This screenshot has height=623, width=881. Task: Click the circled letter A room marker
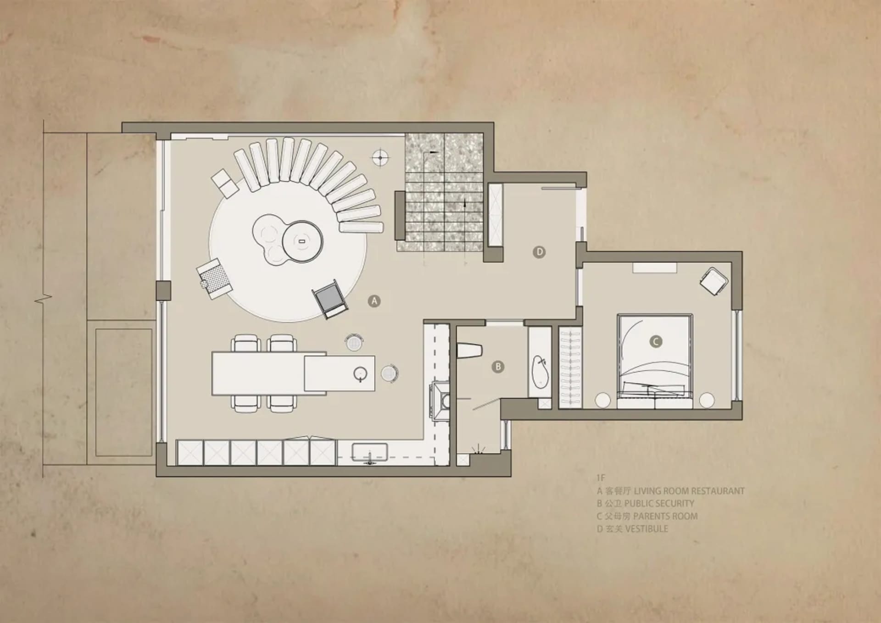tap(374, 301)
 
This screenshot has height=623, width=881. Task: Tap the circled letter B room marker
tap(498, 367)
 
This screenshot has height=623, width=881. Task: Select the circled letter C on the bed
tap(656, 341)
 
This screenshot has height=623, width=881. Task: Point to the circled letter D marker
tap(539, 252)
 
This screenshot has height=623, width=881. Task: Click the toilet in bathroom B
tap(469, 351)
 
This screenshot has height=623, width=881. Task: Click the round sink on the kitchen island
tap(361, 374)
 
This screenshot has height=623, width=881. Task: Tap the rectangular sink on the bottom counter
tap(370, 452)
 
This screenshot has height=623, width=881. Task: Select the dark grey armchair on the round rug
tap(329, 299)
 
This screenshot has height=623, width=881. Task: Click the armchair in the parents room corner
tap(714, 281)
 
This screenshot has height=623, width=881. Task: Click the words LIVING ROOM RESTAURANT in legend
tap(689, 491)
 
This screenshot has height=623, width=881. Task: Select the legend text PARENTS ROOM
tap(665, 516)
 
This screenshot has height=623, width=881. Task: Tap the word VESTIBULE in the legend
tap(647, 529)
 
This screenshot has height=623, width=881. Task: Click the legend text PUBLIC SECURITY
tap(659, 503)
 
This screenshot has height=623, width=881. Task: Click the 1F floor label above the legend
tap(601, 478)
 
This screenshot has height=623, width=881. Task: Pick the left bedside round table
tap(603, 400)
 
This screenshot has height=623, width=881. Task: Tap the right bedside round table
tap(707, 400)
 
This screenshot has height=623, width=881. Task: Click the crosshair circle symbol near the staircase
tap(380, 158)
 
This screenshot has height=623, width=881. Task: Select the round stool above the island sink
tap(354, 342)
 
